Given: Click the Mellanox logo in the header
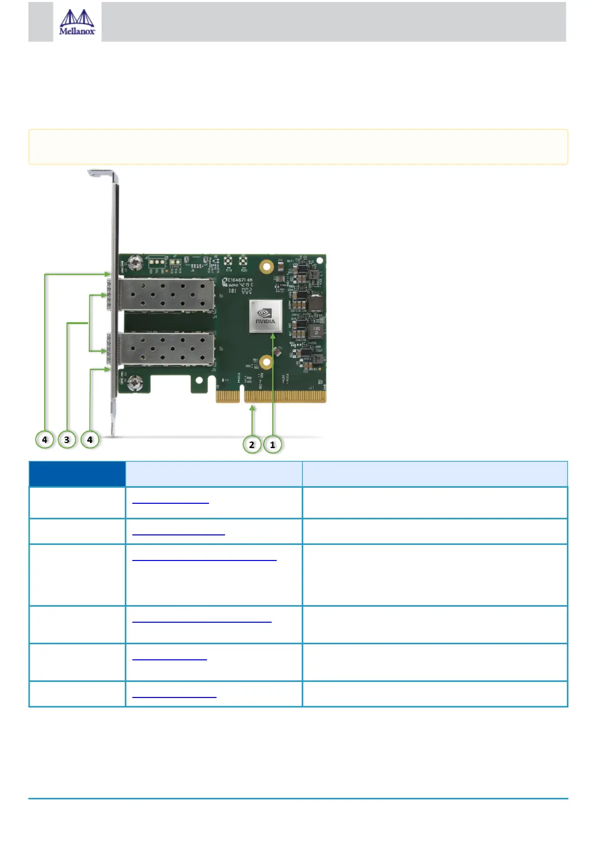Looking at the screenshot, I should [77, 23].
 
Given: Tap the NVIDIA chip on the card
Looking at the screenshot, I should [266, 317].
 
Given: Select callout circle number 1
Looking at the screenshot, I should [273, 445].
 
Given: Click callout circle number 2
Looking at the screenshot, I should [252, 445].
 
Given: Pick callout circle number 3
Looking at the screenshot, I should [67, 440].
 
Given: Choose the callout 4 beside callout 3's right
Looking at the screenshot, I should [90, 440].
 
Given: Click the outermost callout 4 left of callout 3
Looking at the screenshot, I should [45, 440].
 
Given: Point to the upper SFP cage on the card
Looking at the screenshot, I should [166, 295].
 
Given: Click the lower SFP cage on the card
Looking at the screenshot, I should [166, 349].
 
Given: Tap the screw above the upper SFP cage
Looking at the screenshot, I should [134, 262].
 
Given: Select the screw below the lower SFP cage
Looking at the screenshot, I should [134, 384].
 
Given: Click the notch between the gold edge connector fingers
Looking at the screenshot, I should [242, 394].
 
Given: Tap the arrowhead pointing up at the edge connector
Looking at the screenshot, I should [253, 408].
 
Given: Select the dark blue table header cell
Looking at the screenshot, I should [77, 474].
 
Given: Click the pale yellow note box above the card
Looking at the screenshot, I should [298, 147].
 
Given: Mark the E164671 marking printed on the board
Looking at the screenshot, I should [240, 280].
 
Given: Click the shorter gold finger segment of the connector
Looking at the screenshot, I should [228, 396].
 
